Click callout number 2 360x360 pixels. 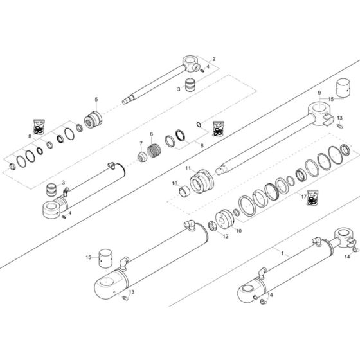214,59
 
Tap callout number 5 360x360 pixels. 97,100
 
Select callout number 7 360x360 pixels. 141,143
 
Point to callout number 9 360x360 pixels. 318,93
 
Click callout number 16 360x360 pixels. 174,184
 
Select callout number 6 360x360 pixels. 152,134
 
